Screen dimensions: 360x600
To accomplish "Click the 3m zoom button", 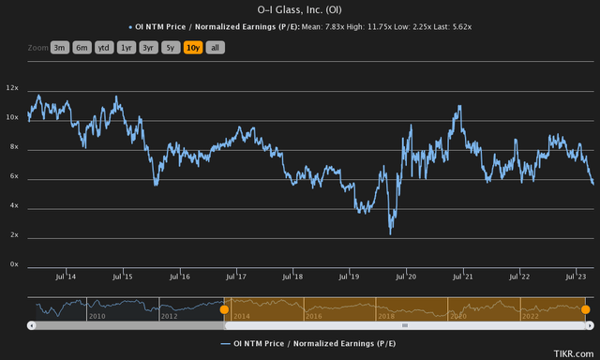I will pos(59,47).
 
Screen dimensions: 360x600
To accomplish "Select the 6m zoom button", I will pos(82,47).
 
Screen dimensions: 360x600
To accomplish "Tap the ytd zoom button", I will pos(105,47).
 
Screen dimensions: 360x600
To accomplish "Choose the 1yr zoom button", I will pos(127,47).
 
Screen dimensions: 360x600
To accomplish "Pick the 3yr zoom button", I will pos(149,47).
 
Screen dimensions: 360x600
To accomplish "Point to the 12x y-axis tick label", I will pos(13,87).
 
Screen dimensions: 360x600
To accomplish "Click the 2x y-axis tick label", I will pos(13,235).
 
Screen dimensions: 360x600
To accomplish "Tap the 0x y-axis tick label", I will pos(13,264).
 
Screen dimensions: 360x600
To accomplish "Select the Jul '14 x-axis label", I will pos(66,277).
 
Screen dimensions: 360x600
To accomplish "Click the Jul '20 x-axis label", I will pos(406,277).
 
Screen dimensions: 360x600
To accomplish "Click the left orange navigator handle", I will pos(224,309).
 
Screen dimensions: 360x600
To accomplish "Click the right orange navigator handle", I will pos(585,309).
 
